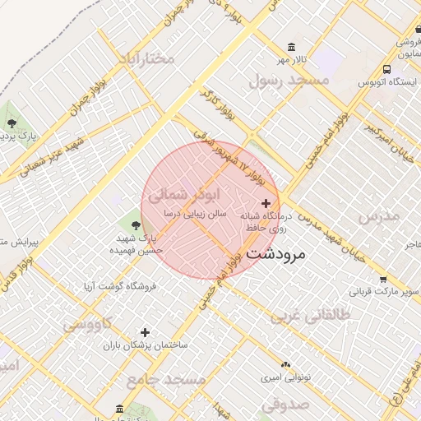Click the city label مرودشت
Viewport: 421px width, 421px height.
coord(275,253)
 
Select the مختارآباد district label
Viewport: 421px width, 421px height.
coord(146,58)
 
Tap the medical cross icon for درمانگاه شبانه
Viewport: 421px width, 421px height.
coord(265,203)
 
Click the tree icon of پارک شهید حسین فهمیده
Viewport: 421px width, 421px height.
coord(135,223)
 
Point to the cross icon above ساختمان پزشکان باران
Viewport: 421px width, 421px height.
coord(145,333)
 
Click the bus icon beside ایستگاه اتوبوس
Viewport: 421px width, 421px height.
coord(386,70)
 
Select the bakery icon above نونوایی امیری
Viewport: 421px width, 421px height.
coord(285,364)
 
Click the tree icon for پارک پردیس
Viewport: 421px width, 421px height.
coord(12,123)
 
